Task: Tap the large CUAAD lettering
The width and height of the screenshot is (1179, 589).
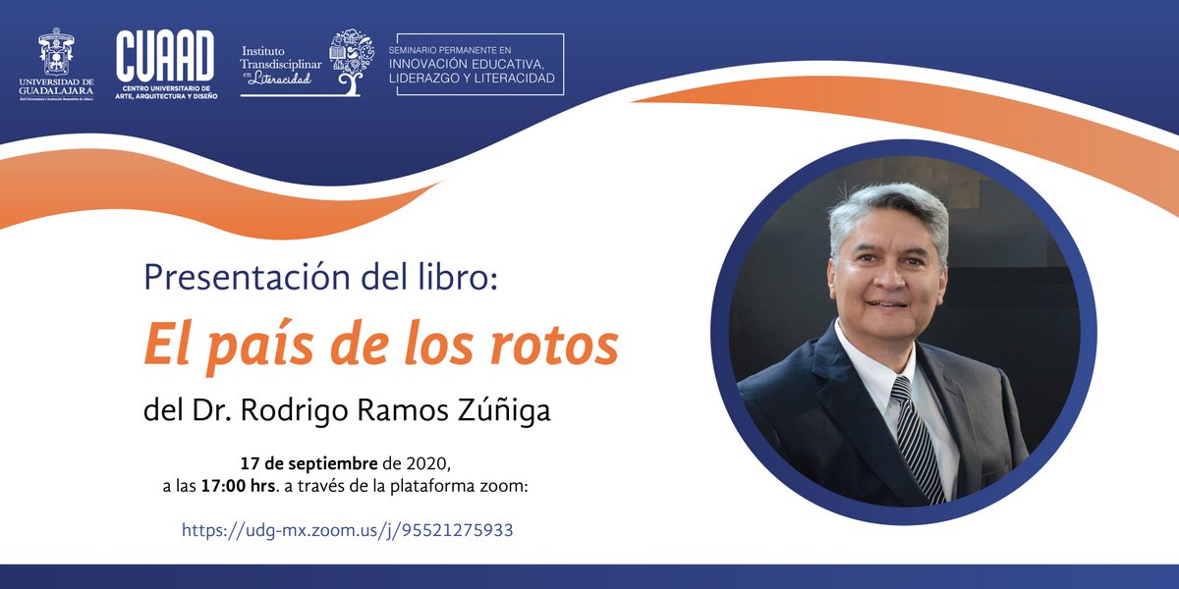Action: pyautogui.click(x=165, y=56)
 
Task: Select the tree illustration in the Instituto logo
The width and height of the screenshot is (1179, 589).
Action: pyautogui.click(x=351, y=61)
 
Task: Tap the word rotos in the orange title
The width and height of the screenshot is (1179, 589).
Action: pyautogui.click(x=556, y=345)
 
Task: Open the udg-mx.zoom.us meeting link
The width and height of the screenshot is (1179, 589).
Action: pyautogui.click(x=347, y=530)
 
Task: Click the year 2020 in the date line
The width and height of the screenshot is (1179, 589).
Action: pyautogui.click(x=428, y=462)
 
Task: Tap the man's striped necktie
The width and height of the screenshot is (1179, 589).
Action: pyautogui.click(x=913, y=432)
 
